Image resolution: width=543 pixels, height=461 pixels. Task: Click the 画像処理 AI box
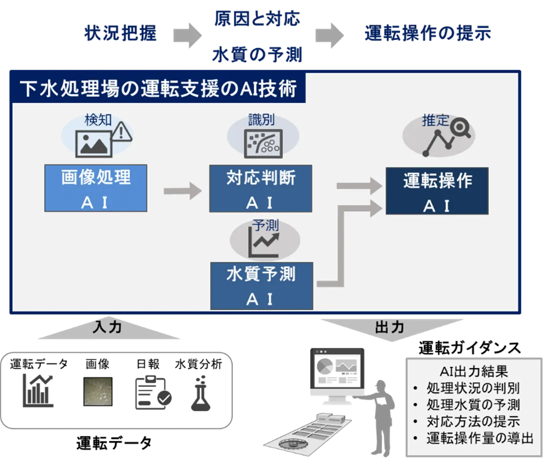95,188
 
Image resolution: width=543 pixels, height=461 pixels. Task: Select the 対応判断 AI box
260,188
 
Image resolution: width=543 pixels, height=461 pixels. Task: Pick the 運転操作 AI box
437,191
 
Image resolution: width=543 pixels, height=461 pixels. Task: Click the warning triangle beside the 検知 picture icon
122,133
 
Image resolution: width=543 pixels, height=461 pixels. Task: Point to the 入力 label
108,327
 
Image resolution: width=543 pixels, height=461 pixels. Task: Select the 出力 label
389,328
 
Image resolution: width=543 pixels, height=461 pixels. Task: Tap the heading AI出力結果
473,371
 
